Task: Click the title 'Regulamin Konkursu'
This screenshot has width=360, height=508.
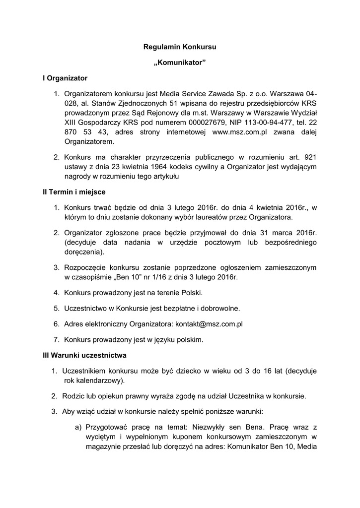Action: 180,48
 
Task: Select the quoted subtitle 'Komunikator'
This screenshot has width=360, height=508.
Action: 180,63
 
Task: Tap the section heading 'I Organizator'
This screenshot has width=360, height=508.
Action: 65,78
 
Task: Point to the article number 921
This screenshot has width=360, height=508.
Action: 310,157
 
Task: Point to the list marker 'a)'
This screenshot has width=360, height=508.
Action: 78,427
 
